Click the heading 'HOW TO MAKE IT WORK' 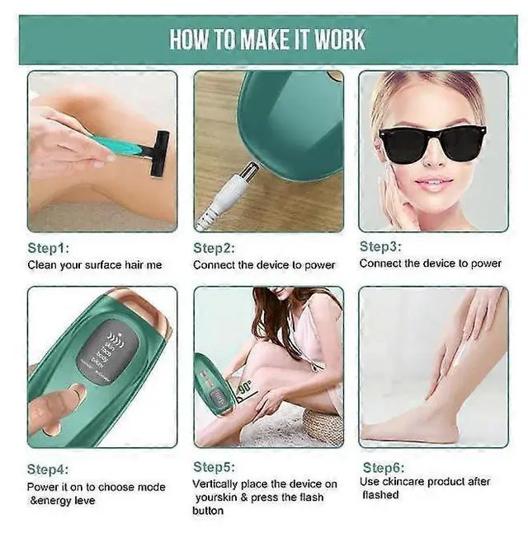267,40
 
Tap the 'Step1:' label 50,248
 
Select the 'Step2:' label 214,248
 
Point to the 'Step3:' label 381,246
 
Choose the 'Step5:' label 214,467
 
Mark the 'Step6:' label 383,466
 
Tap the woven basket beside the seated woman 322,425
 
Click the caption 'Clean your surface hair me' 95,265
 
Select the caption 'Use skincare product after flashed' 424,488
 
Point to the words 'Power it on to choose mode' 96,488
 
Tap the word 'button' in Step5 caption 208,511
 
